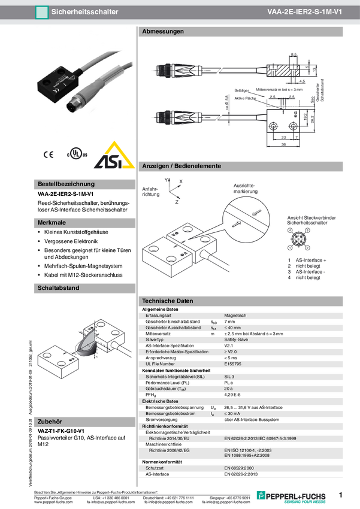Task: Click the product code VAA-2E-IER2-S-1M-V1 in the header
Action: tap(305, 11)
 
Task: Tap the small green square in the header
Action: tap(41, 11)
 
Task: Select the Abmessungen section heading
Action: tap(162, 31)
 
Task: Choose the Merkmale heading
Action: tap(52, 223)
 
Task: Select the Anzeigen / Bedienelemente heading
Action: tap(181, 165)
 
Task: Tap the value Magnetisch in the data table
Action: tap(235, 316)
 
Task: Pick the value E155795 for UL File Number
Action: tap(234, 363)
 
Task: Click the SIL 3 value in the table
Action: tap(230, 376)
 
